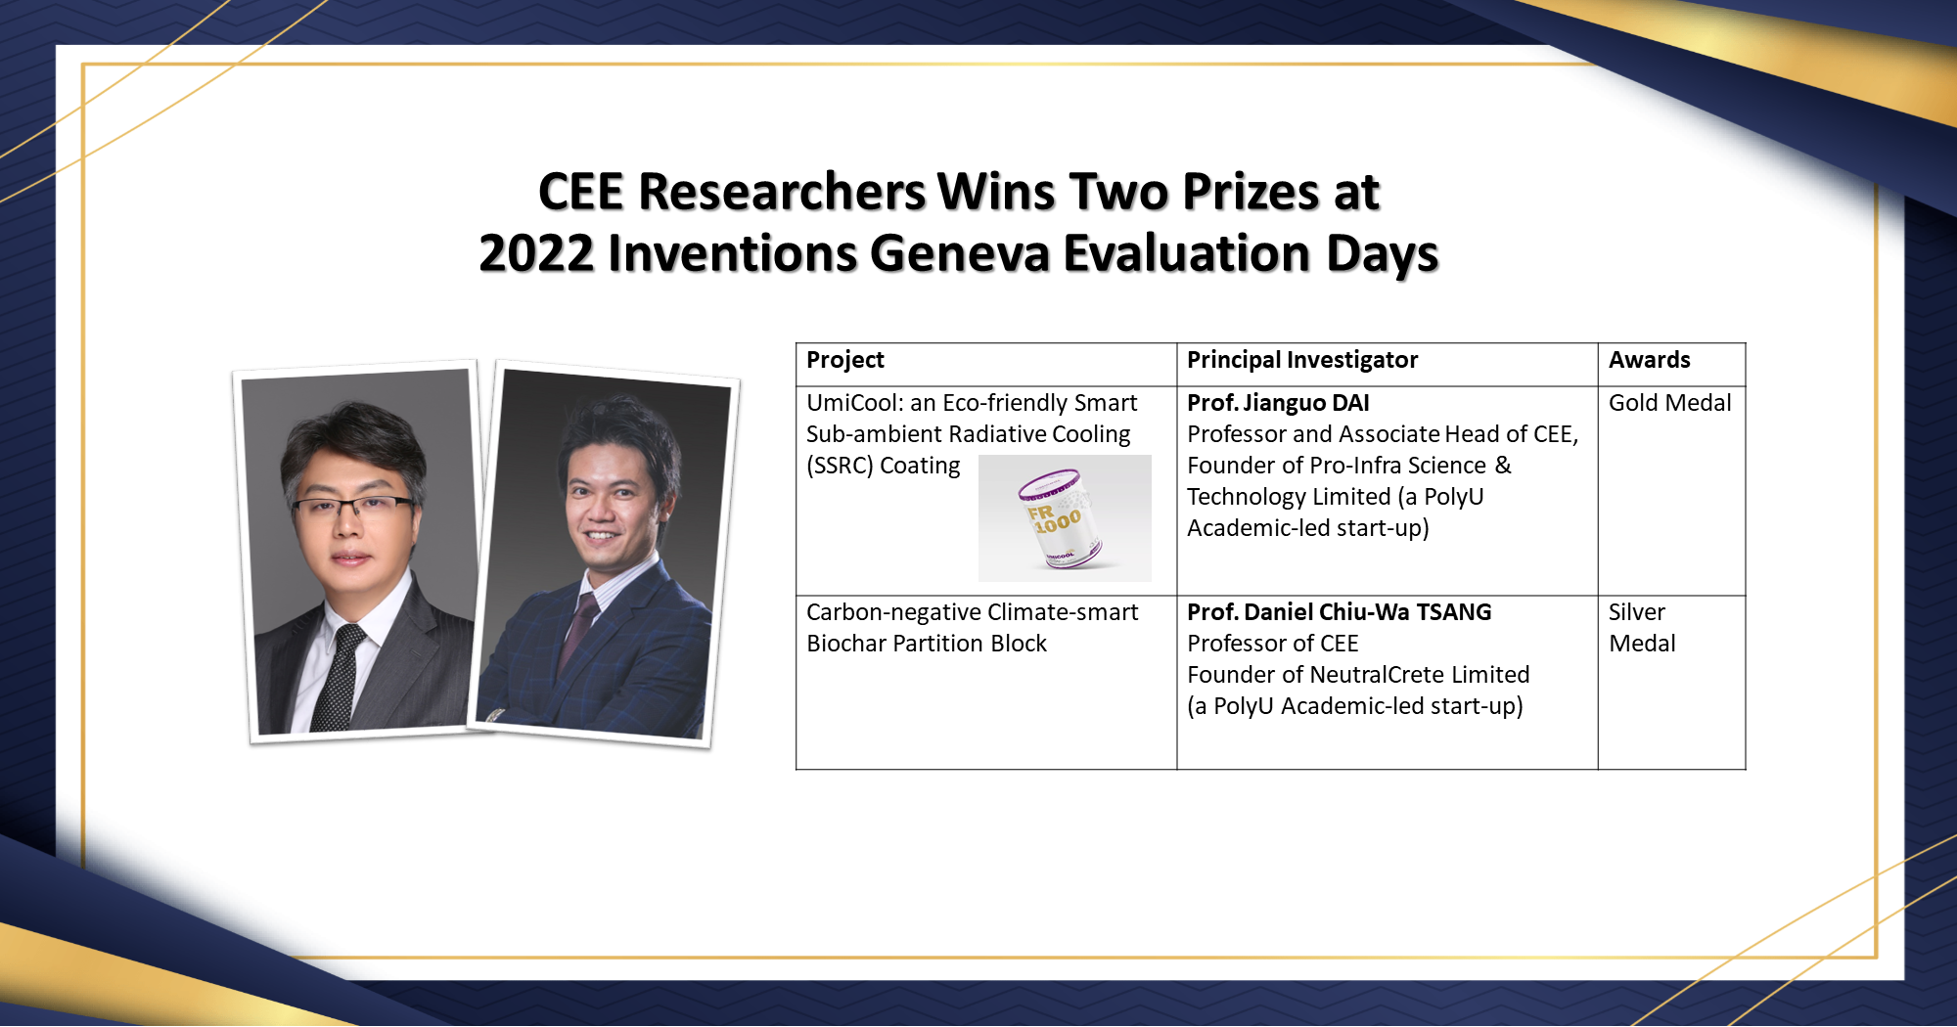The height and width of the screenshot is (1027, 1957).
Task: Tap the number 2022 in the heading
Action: [x=536, y=253]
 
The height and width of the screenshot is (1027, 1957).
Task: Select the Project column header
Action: [x=844, y=360]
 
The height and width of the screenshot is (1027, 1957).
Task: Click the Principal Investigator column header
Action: [x=1301, y=360]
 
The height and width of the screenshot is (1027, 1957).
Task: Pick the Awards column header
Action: [x=1649, y=360]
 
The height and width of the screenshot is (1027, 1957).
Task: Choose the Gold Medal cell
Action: [x=1669, y=403]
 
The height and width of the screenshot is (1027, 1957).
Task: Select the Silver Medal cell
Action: [x=1642, y=627]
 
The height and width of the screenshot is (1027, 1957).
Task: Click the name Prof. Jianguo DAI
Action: [x=1278, y=403]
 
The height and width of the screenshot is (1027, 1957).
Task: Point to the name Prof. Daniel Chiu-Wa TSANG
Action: [x=1339, y=612]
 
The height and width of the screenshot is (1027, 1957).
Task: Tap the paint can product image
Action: [x=1064, y=518]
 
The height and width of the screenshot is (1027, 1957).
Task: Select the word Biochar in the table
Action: [x=844, y=644]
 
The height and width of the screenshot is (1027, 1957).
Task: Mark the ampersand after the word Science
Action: [x=1503, y=466]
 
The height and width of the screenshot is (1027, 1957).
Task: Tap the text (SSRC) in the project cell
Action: [x=839, y=466]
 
